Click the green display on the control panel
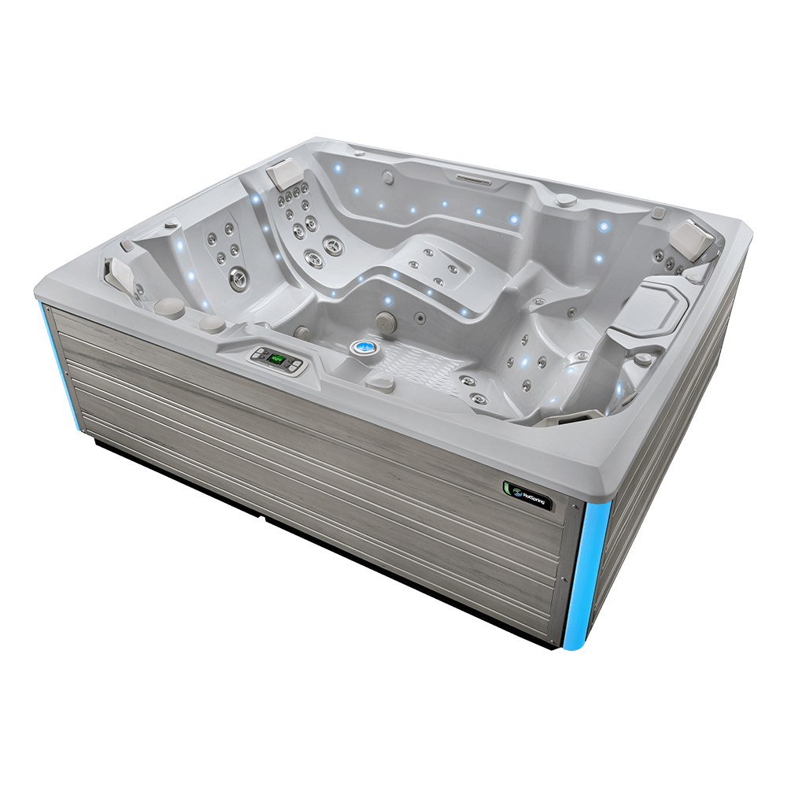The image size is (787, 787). [277, 359]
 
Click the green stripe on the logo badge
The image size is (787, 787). [508, 487]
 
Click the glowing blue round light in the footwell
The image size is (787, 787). [364, 346]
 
